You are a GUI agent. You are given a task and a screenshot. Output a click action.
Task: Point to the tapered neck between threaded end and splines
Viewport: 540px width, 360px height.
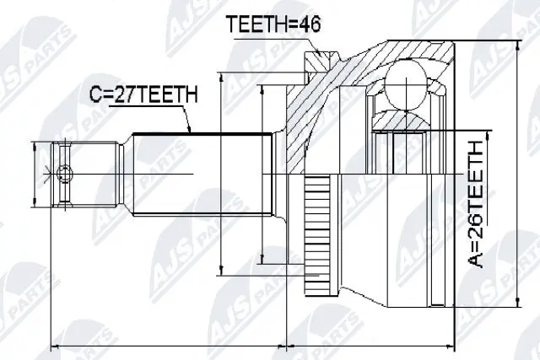point(123,175)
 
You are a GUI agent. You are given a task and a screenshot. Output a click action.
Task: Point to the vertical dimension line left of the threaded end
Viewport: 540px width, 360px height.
point(35,175)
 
